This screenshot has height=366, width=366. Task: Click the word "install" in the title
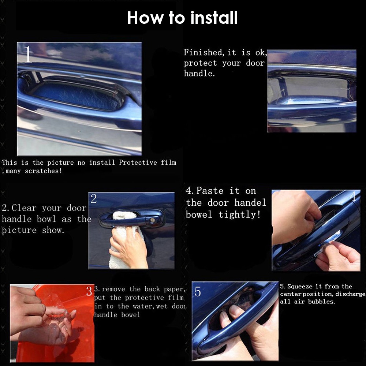[214, 18]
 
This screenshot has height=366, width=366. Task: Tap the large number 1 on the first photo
[28, 54]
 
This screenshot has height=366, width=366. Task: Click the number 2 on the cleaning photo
[94, 199]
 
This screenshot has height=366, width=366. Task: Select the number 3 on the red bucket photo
[89, 291]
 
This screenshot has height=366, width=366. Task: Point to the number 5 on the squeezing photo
[198, 292]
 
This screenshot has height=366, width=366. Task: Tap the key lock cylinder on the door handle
[152, 220]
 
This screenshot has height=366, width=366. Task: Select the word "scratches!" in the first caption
[44, 171]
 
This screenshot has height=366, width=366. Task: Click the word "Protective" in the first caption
[138, 163]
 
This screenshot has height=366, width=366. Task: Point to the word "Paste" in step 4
[210, 191]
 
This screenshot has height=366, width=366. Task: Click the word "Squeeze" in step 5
[300, 287]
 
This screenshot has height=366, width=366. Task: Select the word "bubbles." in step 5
[322, 302]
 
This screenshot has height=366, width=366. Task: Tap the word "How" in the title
[145, 18]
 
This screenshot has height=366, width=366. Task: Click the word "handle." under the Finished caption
[199, 74]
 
